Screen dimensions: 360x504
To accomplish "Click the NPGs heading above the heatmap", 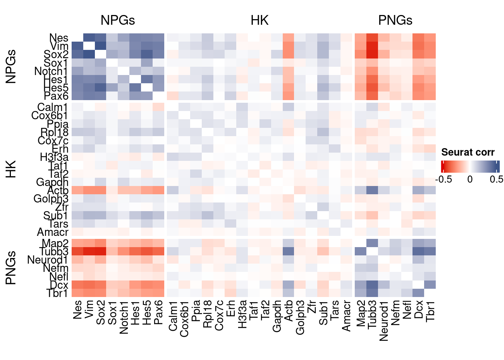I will coord(117,20).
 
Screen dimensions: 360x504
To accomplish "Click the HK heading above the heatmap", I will coord(259,20).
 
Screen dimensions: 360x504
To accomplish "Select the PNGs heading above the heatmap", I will coord(395,20).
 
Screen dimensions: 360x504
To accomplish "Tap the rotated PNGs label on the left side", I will coord(11,268).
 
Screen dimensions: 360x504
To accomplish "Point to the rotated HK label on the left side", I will coord(11,169).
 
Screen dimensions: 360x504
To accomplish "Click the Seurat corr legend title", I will coord(468,152).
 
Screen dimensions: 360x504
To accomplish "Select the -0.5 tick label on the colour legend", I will coord(443,179).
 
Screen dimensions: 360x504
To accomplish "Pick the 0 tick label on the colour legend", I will coord(470,179).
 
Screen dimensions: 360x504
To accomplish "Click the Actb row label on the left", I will coord(58,190).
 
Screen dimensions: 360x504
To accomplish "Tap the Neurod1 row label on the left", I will coord(48,260).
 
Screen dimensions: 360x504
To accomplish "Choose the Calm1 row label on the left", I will coord(52,108).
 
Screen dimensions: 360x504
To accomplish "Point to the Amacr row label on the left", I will coord(52,232).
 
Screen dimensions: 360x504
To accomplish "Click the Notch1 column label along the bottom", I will coord(124,317).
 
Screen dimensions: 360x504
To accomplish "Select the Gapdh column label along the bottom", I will coord(277,316).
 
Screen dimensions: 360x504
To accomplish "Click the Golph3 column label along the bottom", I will coord(300,317).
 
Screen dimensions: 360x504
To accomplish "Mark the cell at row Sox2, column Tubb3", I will coord(372,54).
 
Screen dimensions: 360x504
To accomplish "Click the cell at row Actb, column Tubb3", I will coord(372,190).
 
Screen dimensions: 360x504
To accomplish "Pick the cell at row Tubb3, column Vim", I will coord(89,251).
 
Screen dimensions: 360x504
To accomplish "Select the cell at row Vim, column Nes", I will coord(77,46).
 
